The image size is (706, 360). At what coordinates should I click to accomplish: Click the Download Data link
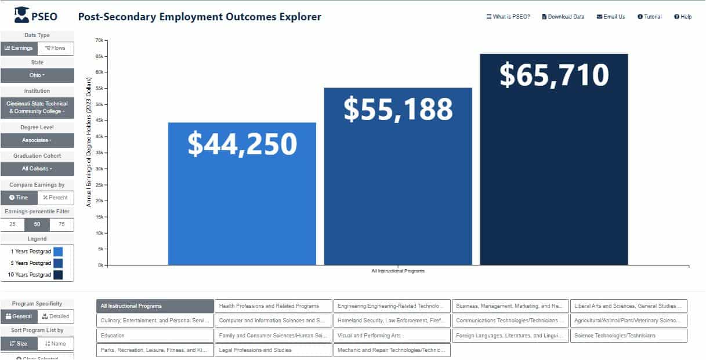563,17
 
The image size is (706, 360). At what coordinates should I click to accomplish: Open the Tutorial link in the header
649,17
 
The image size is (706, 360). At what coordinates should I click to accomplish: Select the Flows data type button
56,48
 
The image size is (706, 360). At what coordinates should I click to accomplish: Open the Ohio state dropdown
37,75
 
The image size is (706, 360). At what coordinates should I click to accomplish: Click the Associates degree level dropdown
37,140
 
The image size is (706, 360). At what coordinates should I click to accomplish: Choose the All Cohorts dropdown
37,169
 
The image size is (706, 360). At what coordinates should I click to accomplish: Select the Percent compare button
56,198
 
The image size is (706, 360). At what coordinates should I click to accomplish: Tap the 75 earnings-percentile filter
61,224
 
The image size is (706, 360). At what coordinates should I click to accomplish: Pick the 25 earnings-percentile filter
12,224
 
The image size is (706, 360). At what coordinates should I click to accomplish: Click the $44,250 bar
242,194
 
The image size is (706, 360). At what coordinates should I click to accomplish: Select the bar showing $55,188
398,176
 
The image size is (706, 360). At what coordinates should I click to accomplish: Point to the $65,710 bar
553,159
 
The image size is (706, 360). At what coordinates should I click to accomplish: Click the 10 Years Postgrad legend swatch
58,275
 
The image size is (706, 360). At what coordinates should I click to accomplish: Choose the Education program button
155,336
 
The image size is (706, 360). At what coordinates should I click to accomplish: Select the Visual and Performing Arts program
392,336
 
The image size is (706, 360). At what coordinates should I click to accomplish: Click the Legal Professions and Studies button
273,350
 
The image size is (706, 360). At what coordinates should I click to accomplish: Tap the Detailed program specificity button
56,317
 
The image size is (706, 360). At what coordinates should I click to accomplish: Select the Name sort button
56,344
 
